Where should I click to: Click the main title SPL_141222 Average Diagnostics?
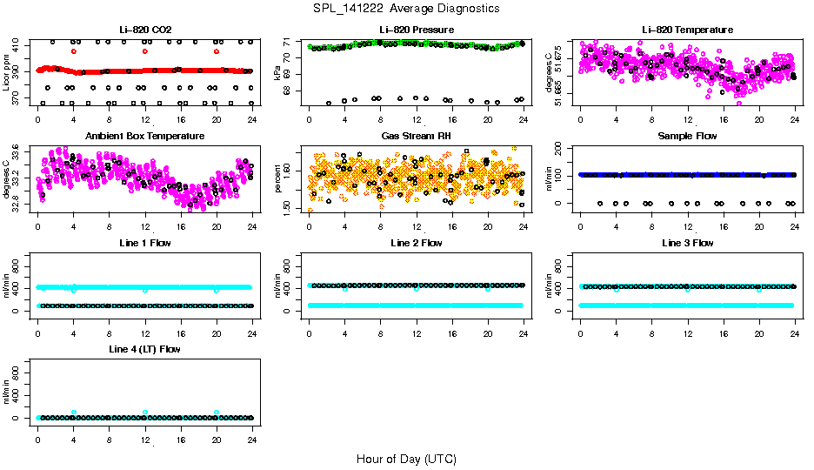(407, 8)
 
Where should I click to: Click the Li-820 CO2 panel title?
(145, 30)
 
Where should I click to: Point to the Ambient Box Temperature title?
(145, 136)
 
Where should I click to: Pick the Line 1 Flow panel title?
(145, 243)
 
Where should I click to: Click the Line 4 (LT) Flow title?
(145, 349)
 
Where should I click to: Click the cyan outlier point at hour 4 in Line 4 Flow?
(74, 412)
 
